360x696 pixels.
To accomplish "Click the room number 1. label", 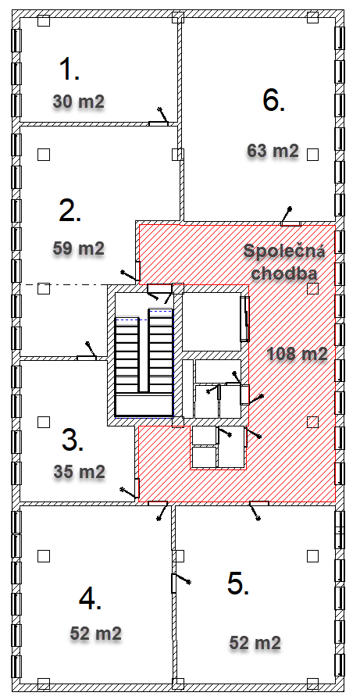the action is [x=70, y=70].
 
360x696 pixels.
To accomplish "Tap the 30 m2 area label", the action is [x=79, y=102].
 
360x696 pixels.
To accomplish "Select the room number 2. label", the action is [x=70, y=211].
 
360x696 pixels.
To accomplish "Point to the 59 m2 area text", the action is [x=79, y=248].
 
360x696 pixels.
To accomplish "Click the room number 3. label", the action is [x=73, y=441].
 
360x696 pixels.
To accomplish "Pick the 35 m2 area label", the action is [x=80, y=471].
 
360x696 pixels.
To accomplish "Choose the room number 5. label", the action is [x=238, y=584].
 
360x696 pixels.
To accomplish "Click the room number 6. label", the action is [x=274, y=100].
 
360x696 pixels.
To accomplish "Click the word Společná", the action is [x=284, y=252].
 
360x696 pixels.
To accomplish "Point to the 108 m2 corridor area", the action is [x=298, y=354].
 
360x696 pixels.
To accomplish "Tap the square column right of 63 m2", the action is [x=313, y=154].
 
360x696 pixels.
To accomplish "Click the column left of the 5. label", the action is [x=178, y=555].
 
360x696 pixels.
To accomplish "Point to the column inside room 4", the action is [x=44, y=555].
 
